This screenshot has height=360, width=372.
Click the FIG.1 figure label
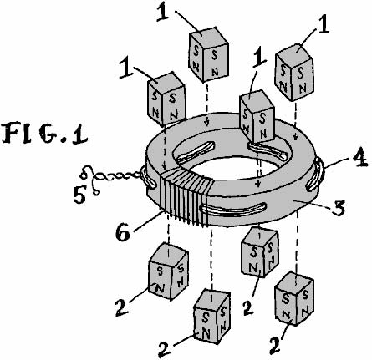[45, 133]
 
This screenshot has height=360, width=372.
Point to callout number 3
[338, 207]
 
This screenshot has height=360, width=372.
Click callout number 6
[123, 231]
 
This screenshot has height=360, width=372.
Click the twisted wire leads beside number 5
[111, 178]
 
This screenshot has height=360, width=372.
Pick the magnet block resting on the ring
[257, 115]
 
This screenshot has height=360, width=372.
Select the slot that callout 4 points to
[315, 174]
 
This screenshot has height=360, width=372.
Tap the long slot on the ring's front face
[233, 210]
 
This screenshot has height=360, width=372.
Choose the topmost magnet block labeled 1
[209, 53]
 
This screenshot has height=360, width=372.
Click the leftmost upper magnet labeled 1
[166, 98]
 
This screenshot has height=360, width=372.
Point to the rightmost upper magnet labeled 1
[294, 72]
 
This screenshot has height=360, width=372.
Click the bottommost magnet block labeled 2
[211, 315]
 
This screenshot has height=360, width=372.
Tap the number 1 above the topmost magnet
[163, 12]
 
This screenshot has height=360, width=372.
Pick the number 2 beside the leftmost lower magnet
[122, 307]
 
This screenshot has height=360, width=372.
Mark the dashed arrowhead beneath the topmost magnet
[206, 122]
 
